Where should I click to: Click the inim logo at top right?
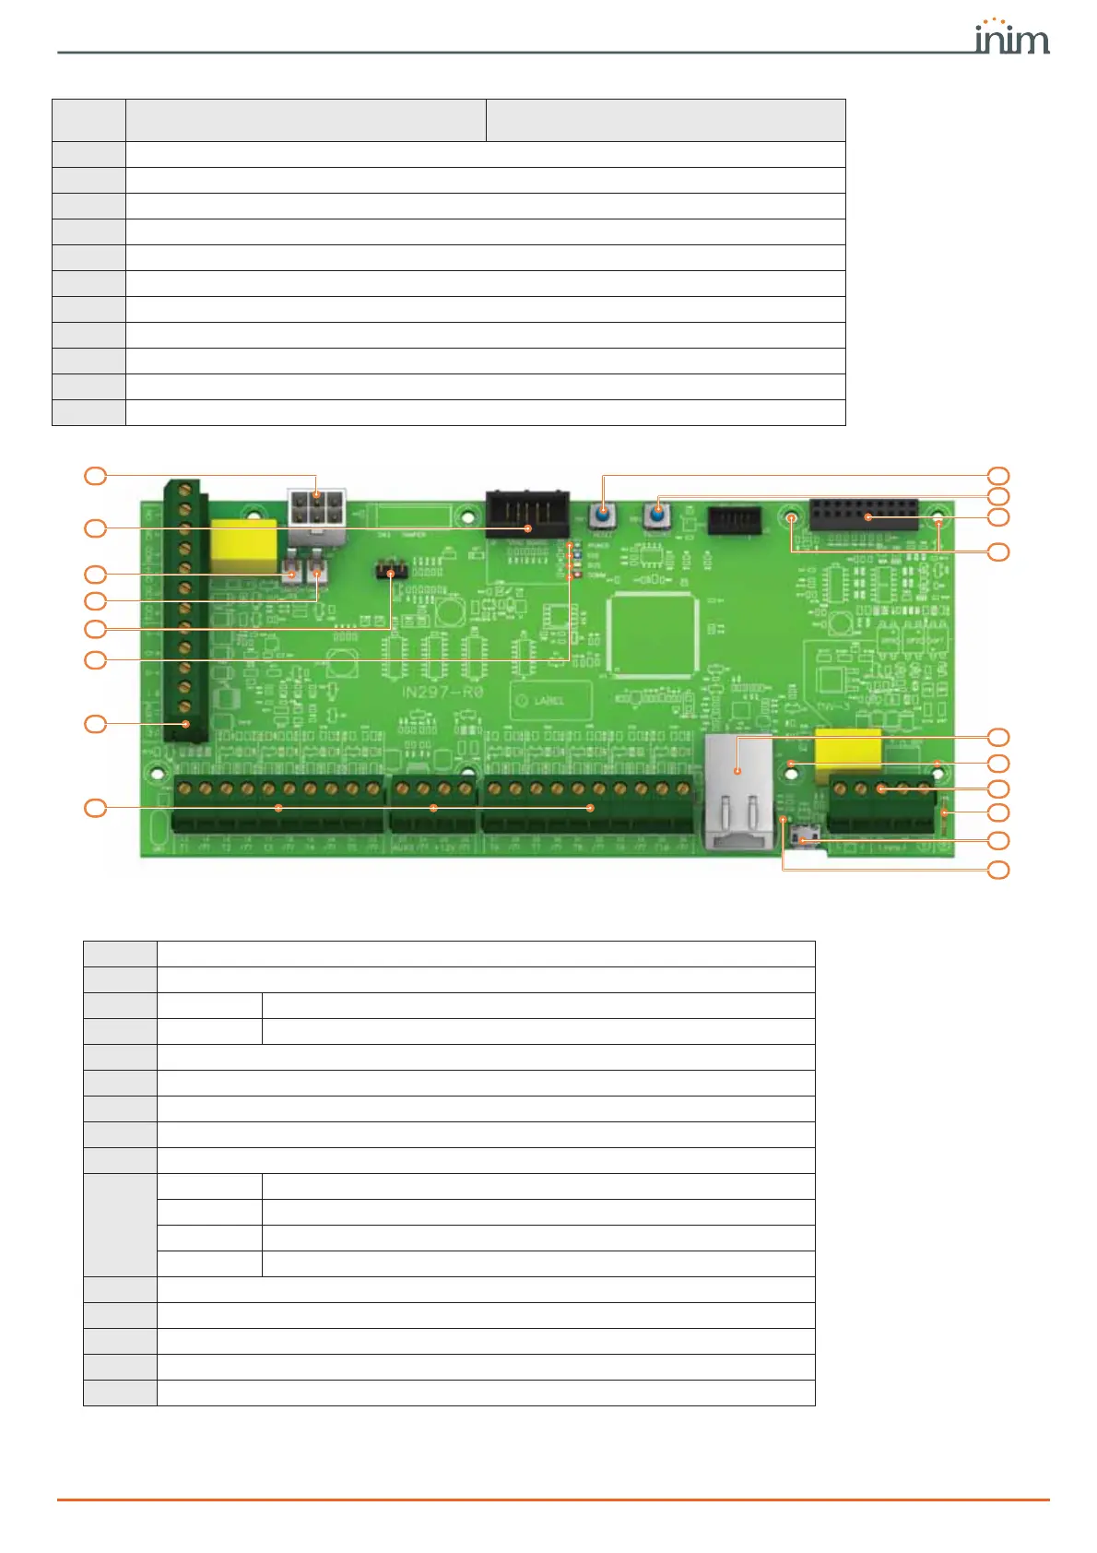[1011, 38]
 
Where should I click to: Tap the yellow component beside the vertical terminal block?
[243, 546]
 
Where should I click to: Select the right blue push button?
[657, 512]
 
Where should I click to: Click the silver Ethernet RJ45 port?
[738, 790]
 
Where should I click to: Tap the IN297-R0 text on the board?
[442, 692]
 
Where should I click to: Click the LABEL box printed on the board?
[550, 701]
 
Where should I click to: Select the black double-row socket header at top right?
[864, 515]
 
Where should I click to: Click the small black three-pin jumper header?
[392, 572]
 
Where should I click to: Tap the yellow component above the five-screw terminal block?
[847, 754]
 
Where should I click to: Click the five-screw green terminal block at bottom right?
[881, 804]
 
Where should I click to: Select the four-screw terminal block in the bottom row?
[433, 804]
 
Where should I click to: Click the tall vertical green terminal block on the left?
[185, 609]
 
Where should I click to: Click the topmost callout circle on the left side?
[95, 476]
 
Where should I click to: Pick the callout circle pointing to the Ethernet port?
[998, 737]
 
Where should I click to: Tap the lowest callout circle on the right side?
[998, 870]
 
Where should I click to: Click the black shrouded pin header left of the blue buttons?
[526, 515]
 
